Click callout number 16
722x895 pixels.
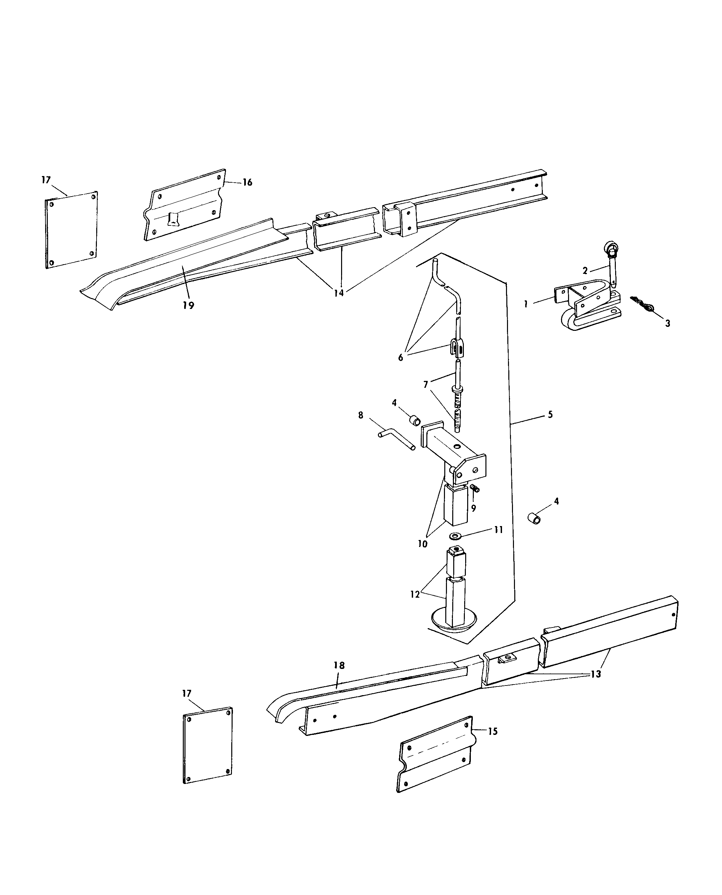tap(247, 182)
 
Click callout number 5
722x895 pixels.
tap(550, 414)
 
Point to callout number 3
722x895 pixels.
tap(668, 323)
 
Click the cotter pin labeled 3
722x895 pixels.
tap(640, 305)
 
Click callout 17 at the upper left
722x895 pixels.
tap(46, 180)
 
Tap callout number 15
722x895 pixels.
tap(492, 731)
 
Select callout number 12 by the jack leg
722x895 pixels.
tap(415, 595)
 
